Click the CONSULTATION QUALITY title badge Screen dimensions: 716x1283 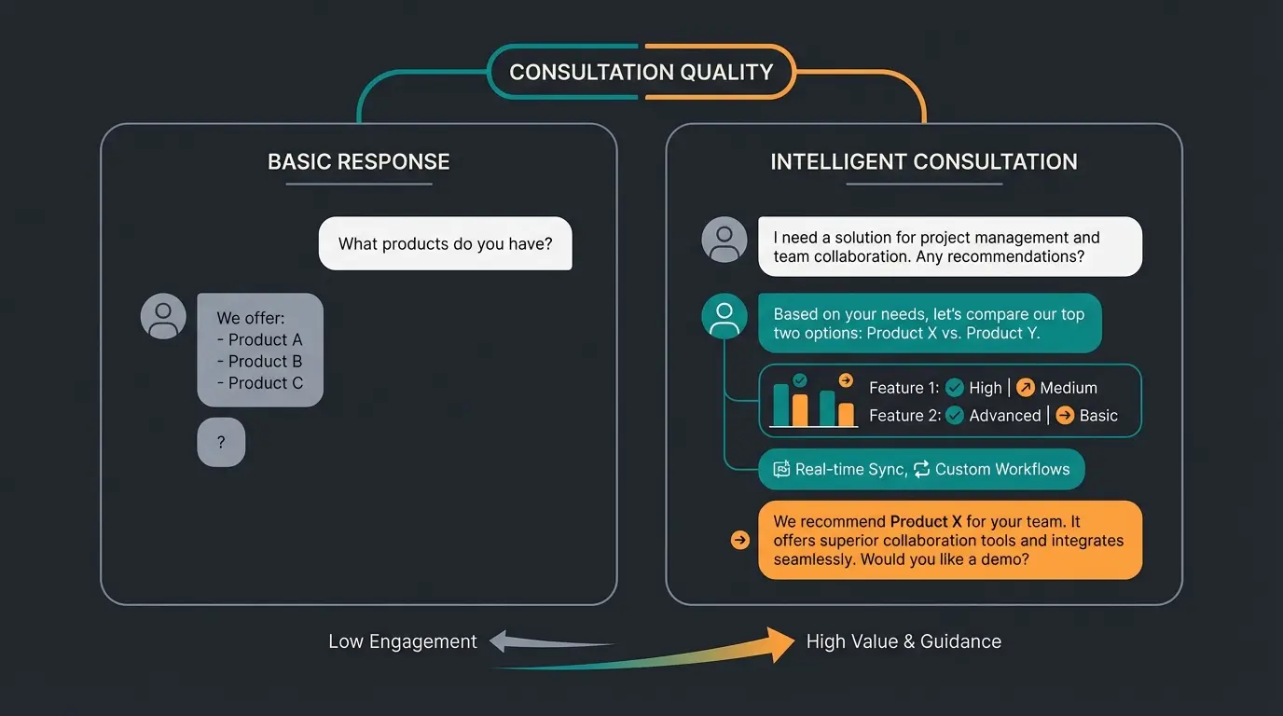tap(641, 72)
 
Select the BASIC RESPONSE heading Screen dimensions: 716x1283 tap(359, 162)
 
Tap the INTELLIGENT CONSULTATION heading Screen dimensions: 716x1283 tap(923, 162)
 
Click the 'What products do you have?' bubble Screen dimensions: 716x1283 tap(445, 244)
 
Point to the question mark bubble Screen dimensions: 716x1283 tap(221, 443)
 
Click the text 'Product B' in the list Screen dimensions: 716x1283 tap(265, 362)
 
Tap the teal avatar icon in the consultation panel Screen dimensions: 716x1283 tap(724, 317)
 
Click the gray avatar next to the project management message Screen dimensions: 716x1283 tap(724, 240)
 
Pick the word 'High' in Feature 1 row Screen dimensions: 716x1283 tap(985, 388)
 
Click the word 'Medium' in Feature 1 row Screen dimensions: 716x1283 tap(1069, 388)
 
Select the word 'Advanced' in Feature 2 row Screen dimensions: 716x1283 tap(1004, 416)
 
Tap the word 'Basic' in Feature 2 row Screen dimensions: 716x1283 tap(1098, 416)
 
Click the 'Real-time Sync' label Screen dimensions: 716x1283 tap(849, 470)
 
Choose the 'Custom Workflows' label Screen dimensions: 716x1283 tap(1002, 470)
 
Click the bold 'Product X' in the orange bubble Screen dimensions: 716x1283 tap(926, 522)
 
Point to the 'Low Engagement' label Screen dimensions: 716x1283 tap(402, 641)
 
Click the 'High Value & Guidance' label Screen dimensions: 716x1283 tap(904, 641)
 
